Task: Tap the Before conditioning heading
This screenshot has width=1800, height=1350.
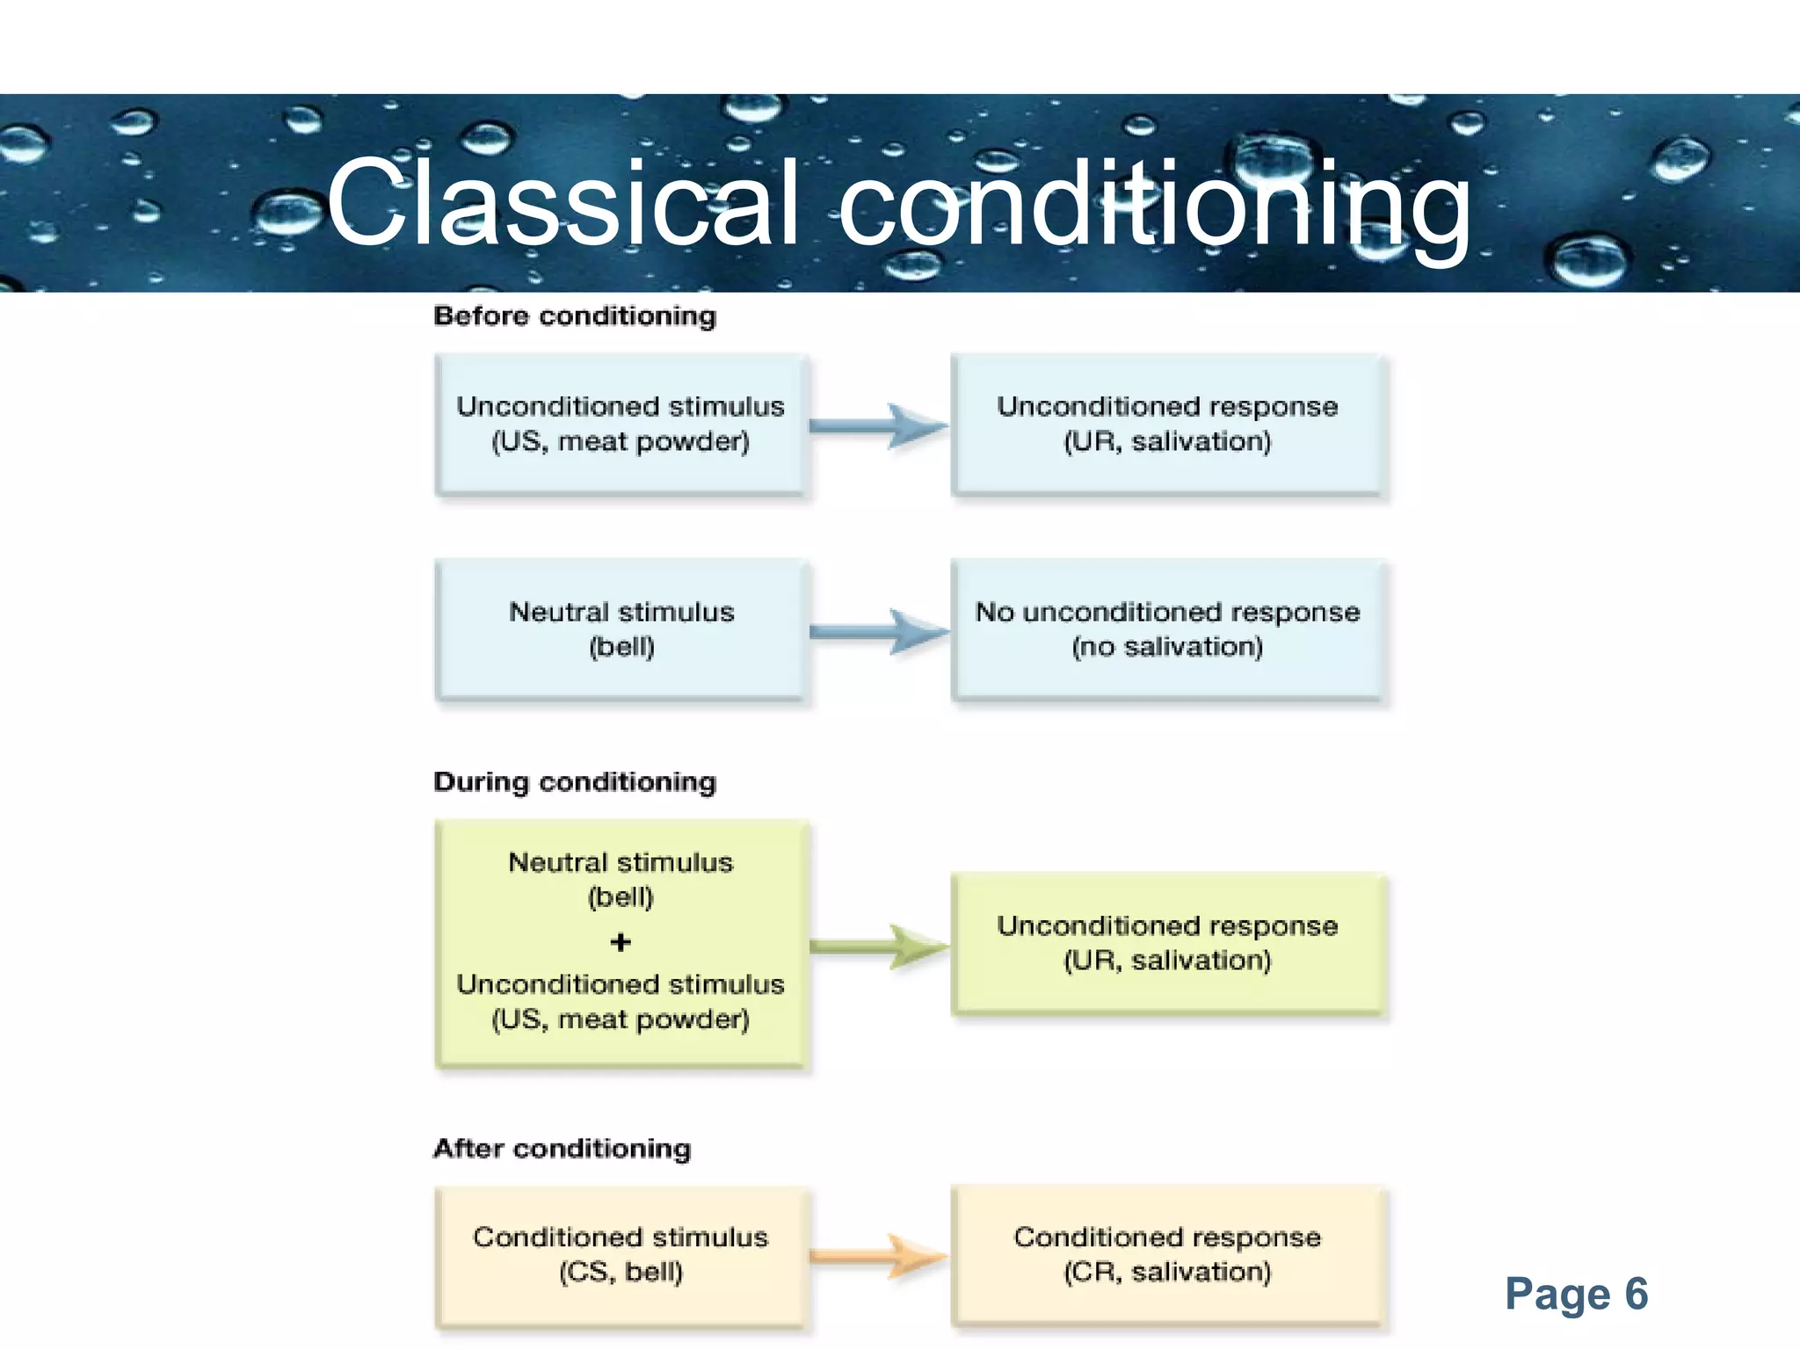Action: coord(575,316)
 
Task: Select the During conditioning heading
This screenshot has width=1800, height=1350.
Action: coord(575,781)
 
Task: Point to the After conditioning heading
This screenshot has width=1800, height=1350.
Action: coord(562,1148)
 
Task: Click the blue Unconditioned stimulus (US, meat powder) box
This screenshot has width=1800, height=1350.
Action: coord(621,425)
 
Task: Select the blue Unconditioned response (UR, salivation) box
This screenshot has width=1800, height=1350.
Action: coord(1167,425)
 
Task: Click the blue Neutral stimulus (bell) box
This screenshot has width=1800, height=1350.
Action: coord(621,629)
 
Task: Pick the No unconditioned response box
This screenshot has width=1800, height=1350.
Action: coord(1167,629)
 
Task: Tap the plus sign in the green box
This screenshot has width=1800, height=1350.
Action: coord(621,942)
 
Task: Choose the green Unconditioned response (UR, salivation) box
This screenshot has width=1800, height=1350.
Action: coord(1167,943)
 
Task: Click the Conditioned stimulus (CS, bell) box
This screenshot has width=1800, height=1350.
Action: coord(621,1255)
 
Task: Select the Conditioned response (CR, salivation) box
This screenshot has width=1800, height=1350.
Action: coord(1167,1255)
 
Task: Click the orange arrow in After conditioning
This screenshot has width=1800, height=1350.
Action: coord(879,1256)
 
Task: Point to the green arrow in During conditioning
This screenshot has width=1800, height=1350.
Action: coord(879,947)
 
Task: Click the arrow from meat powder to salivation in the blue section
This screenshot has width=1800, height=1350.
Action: coord(879,426)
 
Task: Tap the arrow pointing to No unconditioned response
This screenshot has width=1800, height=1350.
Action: coord(879,631)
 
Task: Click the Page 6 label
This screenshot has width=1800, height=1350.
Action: coord(1576,1294)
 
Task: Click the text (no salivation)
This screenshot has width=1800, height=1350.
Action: coord(1167,647)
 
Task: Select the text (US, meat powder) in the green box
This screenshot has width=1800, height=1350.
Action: coord(621,1020)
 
